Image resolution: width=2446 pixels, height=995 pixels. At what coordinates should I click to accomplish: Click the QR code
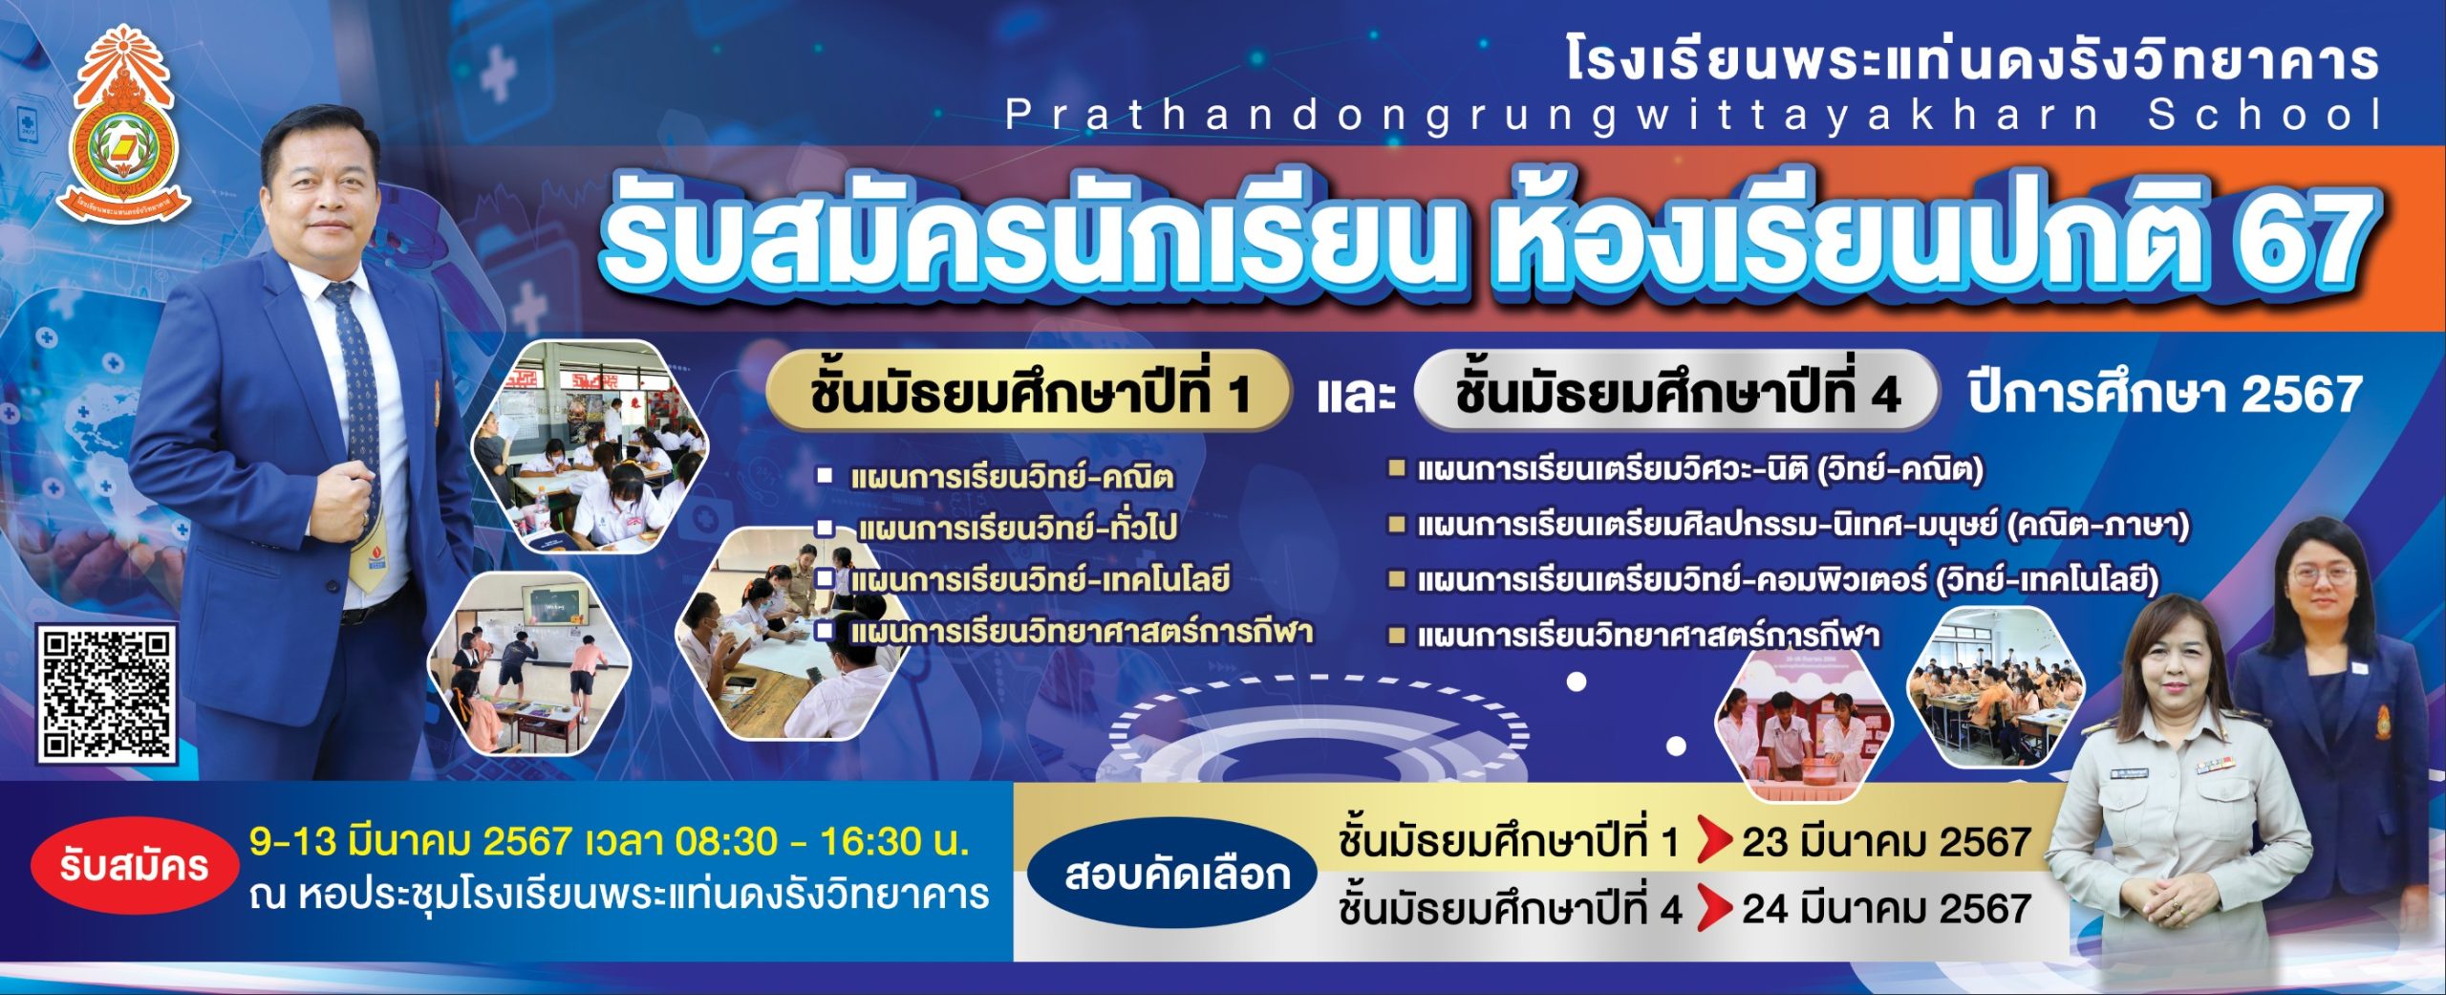[107, 694]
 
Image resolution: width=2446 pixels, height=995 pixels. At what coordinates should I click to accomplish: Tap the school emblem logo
[123, 124]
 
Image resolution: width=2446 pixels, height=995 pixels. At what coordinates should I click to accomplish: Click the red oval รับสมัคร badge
[135, 866]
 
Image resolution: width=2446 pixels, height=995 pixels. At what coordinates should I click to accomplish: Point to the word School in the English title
[2264, 115]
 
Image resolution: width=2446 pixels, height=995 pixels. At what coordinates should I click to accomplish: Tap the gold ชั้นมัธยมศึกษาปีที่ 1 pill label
[1029, 393]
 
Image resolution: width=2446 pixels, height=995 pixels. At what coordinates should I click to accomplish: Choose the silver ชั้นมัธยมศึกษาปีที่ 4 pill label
[1677, 393]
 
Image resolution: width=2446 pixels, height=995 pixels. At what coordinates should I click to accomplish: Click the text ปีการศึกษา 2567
[2165, 394]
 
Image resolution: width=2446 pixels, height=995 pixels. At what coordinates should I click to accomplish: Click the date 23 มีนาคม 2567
[1886, 842]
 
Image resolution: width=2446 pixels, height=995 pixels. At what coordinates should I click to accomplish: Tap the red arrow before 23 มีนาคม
[1715, 841]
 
